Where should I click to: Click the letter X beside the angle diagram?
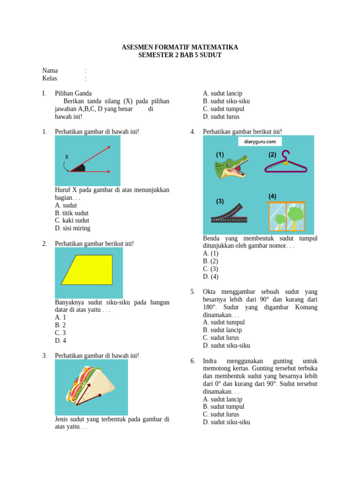tap(67, 157)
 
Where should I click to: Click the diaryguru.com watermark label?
tap(260, 142)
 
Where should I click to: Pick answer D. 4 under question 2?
tap(60, 340)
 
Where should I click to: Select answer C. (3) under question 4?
tap(210, 269)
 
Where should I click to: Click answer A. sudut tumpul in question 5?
tap(224, 322)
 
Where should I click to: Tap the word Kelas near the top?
tap(50, 78)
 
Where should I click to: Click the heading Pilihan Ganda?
tap(73, 93)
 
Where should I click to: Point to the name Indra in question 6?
tap(210, 361)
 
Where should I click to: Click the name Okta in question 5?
tap(210, 292)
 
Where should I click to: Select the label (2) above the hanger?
tap(272, 154)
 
